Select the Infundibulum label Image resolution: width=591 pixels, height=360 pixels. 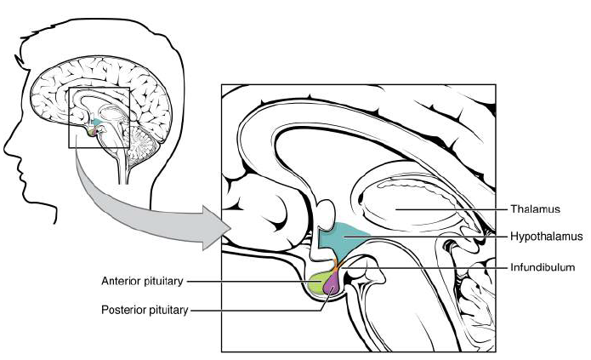[543, 267]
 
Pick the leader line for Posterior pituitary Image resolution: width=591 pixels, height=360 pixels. [255, 311]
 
